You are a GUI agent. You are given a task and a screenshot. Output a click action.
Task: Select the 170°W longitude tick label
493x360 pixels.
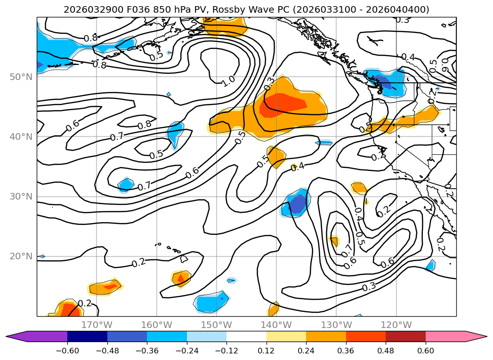pyautogui.click(x=97, y=325)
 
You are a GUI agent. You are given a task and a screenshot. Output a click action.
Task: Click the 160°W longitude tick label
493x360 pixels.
pyautogui.click(x=156, y=325)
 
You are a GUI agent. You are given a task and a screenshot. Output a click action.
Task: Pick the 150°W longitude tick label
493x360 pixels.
pyautogui.click(x=216, y=325)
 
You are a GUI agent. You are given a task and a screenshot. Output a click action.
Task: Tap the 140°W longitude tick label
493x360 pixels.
pyautogui.click(x=276, y=325)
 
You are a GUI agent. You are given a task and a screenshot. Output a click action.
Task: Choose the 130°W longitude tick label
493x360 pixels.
pyautogui.click(x=336, y=325)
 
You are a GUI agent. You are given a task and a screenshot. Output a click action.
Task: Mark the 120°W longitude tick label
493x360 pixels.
pyautogui.click(x=396, y=325)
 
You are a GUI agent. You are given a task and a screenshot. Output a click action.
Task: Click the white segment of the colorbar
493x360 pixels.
pyautogui.click(x=246, y=336)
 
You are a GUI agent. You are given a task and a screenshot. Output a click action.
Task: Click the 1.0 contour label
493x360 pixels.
pyautogui.click(x=228, y=80)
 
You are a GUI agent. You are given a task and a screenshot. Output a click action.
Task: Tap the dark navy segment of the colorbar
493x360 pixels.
pyautogui.click(x=87, y=336)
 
